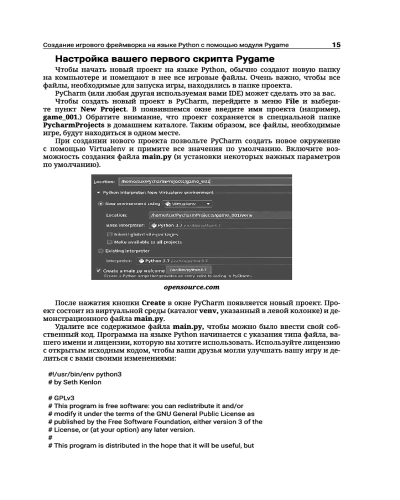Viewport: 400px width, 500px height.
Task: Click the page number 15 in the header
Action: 336,45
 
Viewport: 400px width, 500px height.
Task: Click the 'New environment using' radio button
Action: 101,203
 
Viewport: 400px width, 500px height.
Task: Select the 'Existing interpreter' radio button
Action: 101,250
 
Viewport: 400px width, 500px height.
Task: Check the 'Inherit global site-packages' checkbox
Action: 109,234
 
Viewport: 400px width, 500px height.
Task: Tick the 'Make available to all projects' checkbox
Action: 109,241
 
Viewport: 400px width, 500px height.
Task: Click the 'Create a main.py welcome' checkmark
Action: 99,270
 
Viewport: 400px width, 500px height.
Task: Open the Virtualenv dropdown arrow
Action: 208,204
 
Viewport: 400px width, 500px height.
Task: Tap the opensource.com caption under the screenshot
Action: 191,287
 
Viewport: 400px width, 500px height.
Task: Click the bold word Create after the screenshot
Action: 154,303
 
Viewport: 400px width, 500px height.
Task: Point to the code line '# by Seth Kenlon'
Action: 74,382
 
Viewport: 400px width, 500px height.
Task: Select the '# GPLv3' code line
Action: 61,398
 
